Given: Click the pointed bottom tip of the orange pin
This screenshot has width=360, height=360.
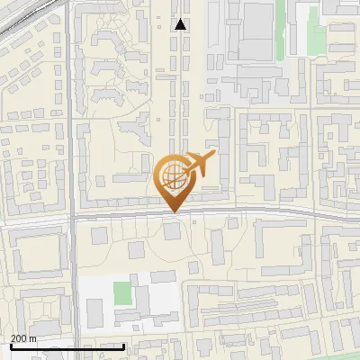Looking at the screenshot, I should pos(172,212).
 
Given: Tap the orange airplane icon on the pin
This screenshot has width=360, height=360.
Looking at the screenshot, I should pos(200,164).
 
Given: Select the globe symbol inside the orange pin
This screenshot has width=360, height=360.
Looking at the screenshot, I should pos(171,175).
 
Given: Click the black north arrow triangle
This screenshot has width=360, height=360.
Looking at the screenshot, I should pos(181,24).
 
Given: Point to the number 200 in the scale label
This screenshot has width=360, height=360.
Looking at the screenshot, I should pos(19,338).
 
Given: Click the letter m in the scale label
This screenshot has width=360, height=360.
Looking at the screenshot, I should pos(33,338).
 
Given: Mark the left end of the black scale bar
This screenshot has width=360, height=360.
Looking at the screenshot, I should pos(10,346).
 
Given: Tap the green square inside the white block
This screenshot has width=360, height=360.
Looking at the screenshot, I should pos(121,292).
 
